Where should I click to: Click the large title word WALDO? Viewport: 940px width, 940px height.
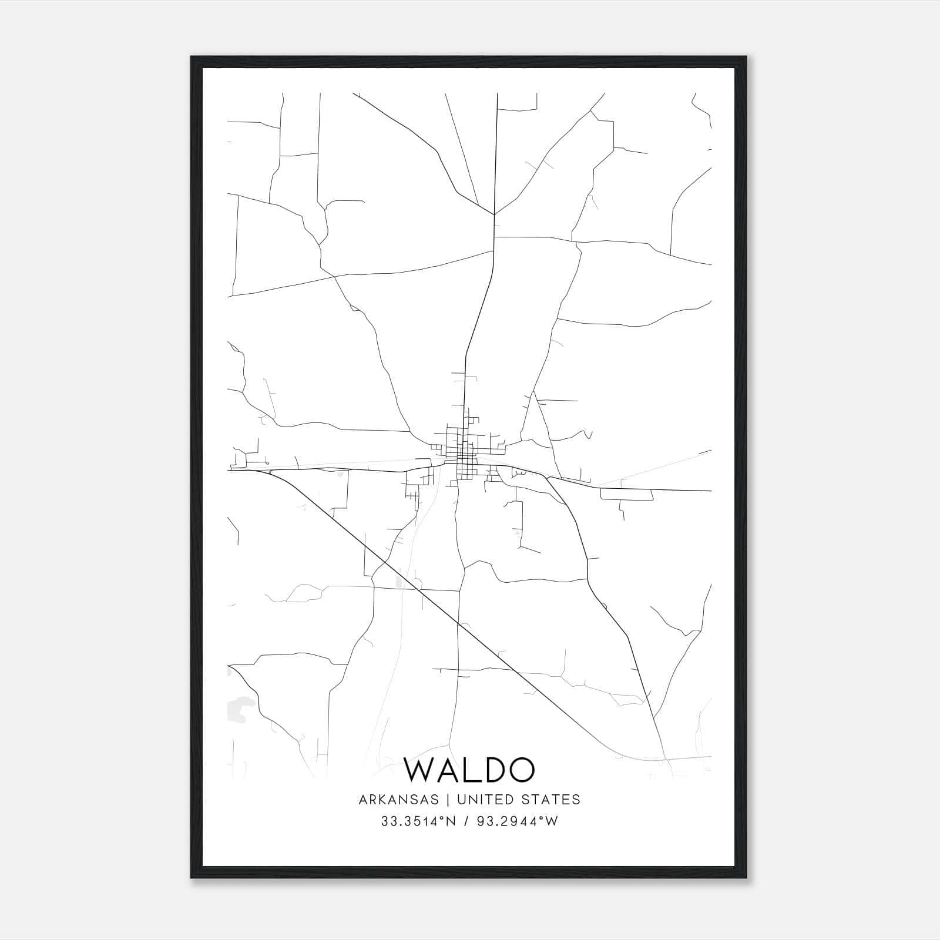click(469, 770)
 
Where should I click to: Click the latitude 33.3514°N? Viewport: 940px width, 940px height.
click(418, 821)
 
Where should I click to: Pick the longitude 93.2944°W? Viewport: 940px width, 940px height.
click(518, 821)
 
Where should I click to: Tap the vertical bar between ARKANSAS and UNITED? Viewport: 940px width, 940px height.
click(447, 800)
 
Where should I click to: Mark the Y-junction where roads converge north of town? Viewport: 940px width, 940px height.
click(495, 215)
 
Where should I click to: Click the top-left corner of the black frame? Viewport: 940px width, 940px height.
click(192, 58)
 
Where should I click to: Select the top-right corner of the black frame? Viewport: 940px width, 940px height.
click(747, 58)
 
